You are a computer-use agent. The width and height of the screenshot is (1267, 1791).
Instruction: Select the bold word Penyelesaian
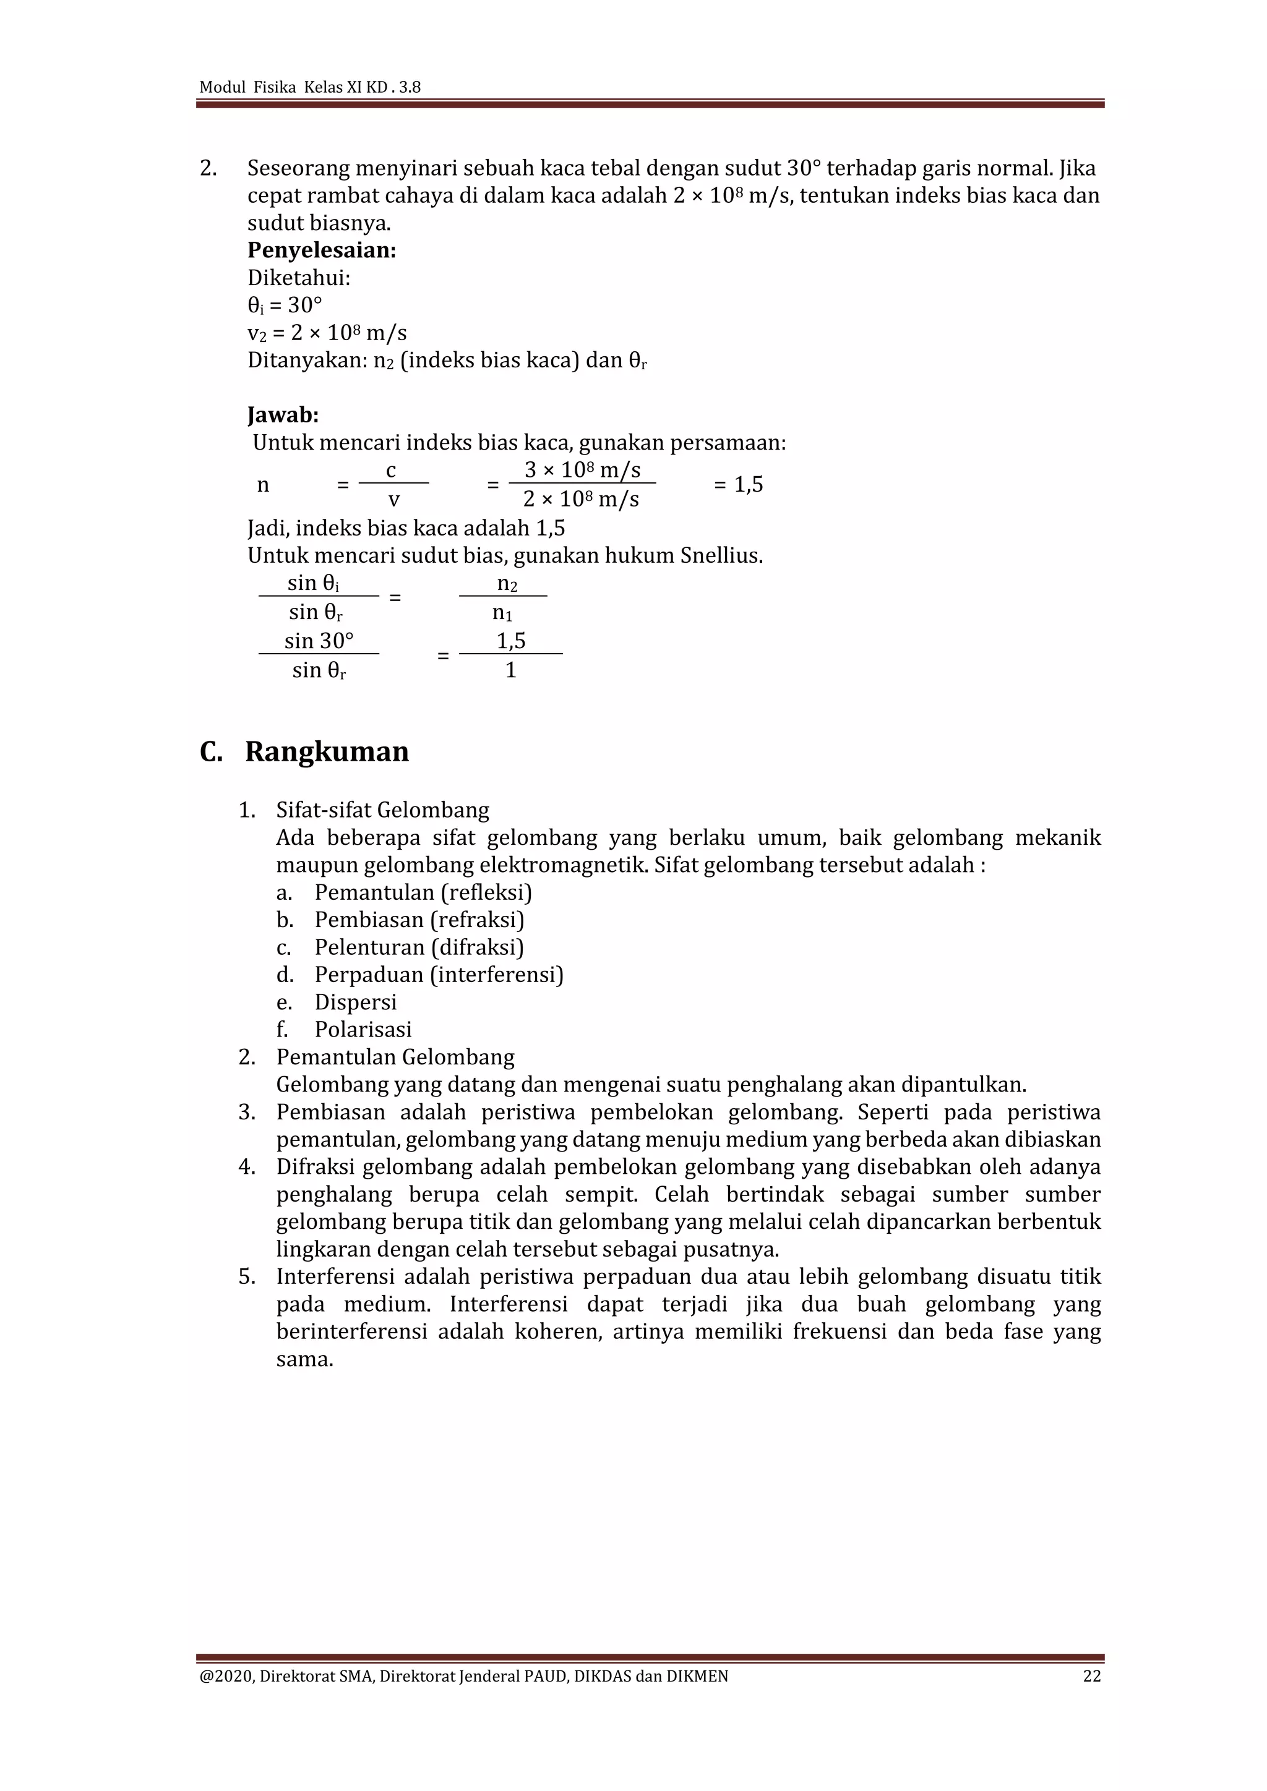[322, 250]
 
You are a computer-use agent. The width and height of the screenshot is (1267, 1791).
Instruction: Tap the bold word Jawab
[283, 415]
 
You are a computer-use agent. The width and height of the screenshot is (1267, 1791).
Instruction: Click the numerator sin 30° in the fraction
[319, 641]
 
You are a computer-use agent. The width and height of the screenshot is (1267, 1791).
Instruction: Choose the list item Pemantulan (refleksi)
[423, 892]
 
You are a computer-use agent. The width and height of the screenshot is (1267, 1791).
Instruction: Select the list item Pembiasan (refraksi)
[419, 920]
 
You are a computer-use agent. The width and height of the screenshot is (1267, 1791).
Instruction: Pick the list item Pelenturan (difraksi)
[419, 947]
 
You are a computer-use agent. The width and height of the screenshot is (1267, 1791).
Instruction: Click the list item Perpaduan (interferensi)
[439, 974]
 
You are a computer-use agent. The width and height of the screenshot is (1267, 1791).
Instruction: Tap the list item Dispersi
[356, 1002]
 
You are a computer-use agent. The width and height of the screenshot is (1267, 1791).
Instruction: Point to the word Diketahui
[298, 278]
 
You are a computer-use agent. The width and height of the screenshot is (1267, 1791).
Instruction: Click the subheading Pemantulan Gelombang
[395, 1057]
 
